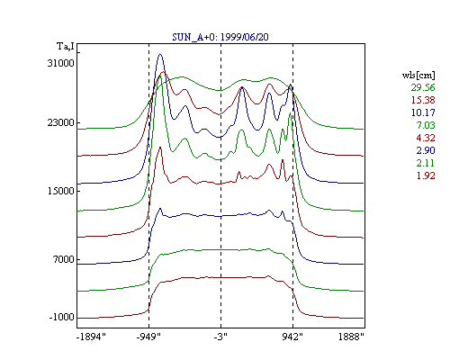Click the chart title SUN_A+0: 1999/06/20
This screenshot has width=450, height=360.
pyautogui.click(x=220, y=37)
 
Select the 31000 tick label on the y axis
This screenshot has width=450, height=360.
pyautogui.click(x=60, y=63)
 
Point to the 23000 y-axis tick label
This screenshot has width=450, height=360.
pyautogui.click(x=60, y=122)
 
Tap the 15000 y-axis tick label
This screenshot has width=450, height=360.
pyautogui.click(x=60, y=191)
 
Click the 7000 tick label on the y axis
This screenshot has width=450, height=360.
pyautogui.click(x=64, y=259)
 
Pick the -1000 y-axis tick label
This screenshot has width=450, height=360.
pyautogui.click(x=62, y=317)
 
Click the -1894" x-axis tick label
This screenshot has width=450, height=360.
pyautogui.click(x=91, y=337)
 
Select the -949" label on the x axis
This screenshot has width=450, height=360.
pyautogui.click(x=148, y=337)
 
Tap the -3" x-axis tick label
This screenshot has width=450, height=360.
pyautogui.click(x=220, y=337)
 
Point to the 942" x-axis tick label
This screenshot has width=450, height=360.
pyautogui.click(x=292, y=337)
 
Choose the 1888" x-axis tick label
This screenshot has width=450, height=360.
pyautogui.click(x=351, y=337)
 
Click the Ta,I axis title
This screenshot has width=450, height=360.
pyautogui.click(x=66, y=47)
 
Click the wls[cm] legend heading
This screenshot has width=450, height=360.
pyautogui.click(x=418, y=75)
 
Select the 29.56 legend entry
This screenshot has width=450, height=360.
pyautogui.click(x=423, y=87)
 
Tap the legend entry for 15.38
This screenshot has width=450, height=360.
pyautogui.click(x=423, y=100)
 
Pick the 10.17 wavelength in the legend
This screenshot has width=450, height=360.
pyautogui.click(x=423, y=112)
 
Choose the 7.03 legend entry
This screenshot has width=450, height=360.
pyautogui.click(x=426, y=125)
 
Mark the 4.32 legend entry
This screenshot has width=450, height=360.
pyautogui.click(x=426, y=138)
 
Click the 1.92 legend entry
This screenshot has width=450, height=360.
pyautogui.click(x=426, y=175)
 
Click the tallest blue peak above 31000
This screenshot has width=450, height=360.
pyautogui.click(x=160, y=55)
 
